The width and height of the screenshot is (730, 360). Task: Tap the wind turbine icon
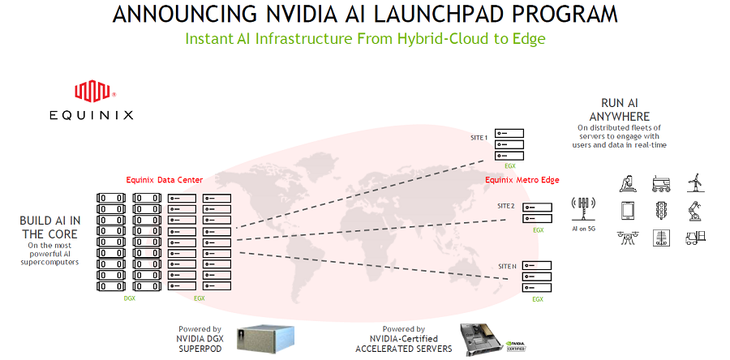(695, 182)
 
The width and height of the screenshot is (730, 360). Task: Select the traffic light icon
(661, 210)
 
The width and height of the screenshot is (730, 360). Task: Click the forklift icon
(695, 238)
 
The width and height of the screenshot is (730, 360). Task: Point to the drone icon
(627, 238)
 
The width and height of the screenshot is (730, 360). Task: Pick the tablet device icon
(627, 210)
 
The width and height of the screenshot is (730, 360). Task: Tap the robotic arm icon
(695, 210)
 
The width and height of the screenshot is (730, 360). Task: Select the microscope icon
(627, 182)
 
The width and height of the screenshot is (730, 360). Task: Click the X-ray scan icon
(661, 238)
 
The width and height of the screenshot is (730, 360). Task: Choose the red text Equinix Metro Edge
(522, 179)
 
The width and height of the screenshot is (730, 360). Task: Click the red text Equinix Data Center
(165, 179)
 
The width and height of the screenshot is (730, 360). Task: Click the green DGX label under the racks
(129, 298)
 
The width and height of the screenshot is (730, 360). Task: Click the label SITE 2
(506, 206)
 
